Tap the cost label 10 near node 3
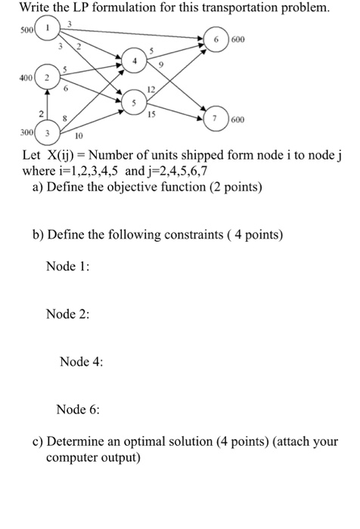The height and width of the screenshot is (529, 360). tap(77, 138)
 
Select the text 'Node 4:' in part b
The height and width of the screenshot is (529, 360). tap(81, 361)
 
